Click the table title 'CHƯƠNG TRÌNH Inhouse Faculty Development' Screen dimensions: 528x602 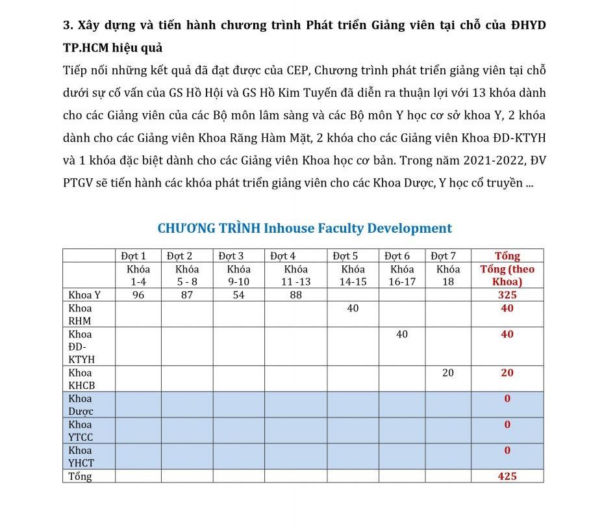pos(305,228)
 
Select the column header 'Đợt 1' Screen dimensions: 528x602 pos(134,256)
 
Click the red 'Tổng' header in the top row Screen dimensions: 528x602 pos(507,256)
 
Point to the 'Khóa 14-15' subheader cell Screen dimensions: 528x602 pos(353,275)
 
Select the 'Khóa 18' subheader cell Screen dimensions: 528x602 pos(448,275)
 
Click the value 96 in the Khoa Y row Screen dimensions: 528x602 pos(138,295)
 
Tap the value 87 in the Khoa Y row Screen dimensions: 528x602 pos(187,295)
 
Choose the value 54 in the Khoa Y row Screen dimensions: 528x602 pos(238,295)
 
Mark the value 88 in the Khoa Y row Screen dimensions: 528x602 pos(295,295)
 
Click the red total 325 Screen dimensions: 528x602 pos(507,295)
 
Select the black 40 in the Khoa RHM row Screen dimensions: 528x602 pos(353,308)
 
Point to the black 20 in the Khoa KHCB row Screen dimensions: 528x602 pos(448,373)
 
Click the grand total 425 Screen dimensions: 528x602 pos(507,477)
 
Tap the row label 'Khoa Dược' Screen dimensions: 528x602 pos(81,405)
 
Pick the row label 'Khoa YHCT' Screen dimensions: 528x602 pos(81,456)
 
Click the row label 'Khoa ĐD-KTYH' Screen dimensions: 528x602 pos(81,347)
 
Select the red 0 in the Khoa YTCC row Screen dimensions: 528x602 pos(507,425)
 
